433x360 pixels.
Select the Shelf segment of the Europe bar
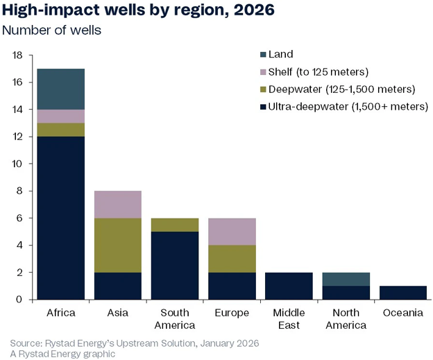232,231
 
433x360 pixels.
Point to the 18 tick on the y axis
18,55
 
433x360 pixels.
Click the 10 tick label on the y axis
18,164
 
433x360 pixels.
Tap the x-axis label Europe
232,313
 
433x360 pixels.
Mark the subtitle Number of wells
51,31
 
